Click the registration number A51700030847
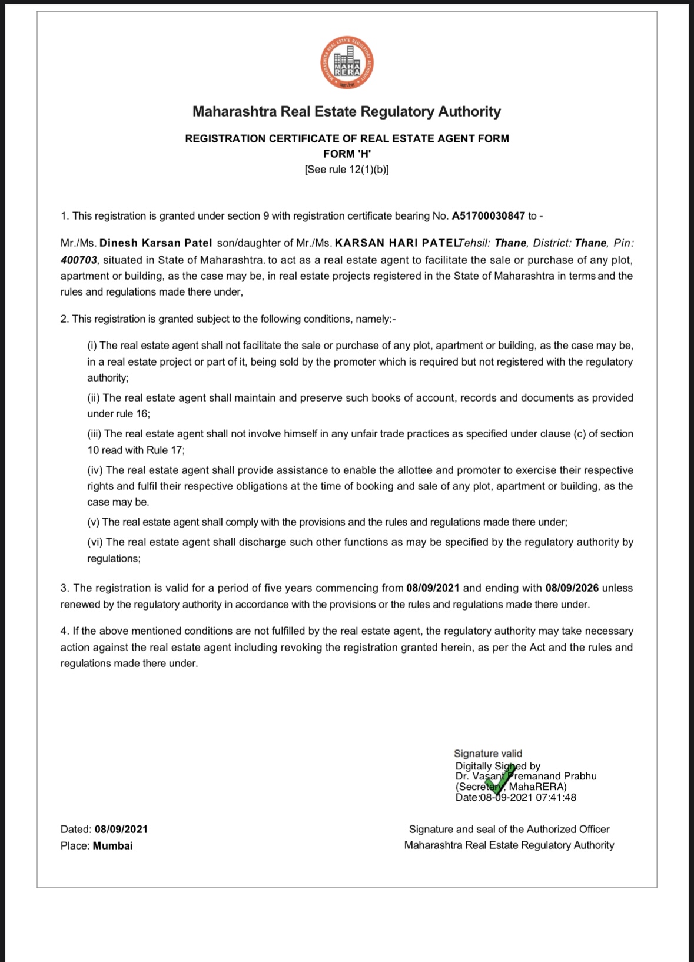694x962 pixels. (488, 216)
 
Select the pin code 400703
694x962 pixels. (78, 260)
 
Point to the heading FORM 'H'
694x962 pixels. (347, 154)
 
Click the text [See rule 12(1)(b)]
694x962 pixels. (347, 170)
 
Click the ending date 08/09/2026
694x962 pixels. (572, 588)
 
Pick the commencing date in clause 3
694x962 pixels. (433, 588)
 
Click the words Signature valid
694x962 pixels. (488, 754)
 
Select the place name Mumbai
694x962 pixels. (112, 846)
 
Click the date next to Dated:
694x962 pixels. (121, 830)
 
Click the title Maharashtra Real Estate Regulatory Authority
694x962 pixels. (347, 112)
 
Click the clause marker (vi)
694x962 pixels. (95, 542)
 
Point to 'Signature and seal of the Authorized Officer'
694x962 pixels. (509, 830)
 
